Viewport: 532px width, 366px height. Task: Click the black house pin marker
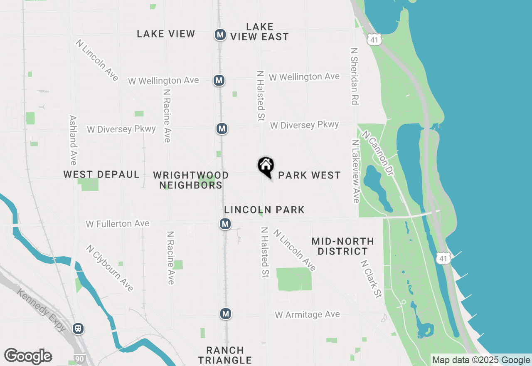tap(266, 166)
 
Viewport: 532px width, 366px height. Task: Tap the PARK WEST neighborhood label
tap(309, 176)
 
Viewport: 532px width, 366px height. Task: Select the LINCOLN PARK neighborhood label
tap(264, 210)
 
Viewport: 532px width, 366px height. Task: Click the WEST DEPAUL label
tap(101, 175)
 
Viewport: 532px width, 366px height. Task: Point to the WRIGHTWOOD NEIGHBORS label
tap(191, 180)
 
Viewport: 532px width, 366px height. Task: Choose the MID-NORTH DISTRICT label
tap(342, 246)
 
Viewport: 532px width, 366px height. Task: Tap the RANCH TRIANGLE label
tap(225, 355)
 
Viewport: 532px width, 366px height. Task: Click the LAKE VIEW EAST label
tap(260, 32)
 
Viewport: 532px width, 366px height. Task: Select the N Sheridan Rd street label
tap(355, 76)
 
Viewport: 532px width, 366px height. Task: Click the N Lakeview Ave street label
tap(355, 171)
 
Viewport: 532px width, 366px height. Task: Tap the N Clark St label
tap(371, 279)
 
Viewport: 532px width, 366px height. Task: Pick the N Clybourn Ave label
tap(110, 268)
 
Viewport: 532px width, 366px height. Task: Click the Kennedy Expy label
tap(42, 310)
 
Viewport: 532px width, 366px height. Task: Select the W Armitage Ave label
tap(308, 315)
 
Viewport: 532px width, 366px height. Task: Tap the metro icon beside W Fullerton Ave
tap(225, 224)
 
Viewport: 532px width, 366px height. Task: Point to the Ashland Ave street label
tap(73, 140)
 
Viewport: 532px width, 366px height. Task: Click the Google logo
tap(28, 356)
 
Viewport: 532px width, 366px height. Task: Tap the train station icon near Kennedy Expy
tap(78, 329)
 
